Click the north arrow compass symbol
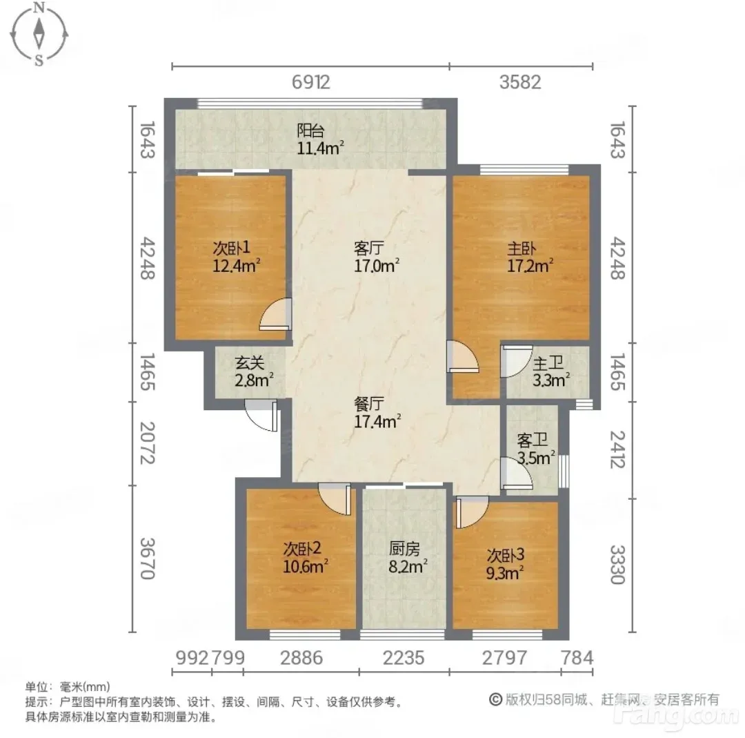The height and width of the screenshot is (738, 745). pos(39,34)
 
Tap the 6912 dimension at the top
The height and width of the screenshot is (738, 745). pos(310,82)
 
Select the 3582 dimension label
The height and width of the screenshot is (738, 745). pos(520,82)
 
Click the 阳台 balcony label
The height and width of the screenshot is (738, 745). pos(310,130)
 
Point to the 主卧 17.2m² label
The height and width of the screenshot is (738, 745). pos(530,258)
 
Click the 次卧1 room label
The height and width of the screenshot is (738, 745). pos(231,248)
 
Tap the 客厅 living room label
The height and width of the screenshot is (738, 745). pos(368,248)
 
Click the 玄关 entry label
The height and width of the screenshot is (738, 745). pos(250,363)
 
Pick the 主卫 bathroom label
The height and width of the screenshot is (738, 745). pos(548,364)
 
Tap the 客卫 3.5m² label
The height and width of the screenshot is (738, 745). pos(535,449)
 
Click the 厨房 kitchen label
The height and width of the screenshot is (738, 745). pos(404,549)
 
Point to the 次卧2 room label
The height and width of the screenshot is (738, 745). pos(302,549)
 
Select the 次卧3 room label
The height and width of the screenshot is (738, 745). pos(506,555)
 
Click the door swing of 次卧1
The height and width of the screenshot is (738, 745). pos(275,313)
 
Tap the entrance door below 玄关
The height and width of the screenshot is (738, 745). pos(261,416)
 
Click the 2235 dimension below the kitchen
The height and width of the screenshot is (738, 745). pos(404,658)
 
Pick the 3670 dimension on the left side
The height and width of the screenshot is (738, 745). pos(148,559)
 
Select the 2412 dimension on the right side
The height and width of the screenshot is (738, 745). pos(617,449)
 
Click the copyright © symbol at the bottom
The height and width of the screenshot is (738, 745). pos(495,699)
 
